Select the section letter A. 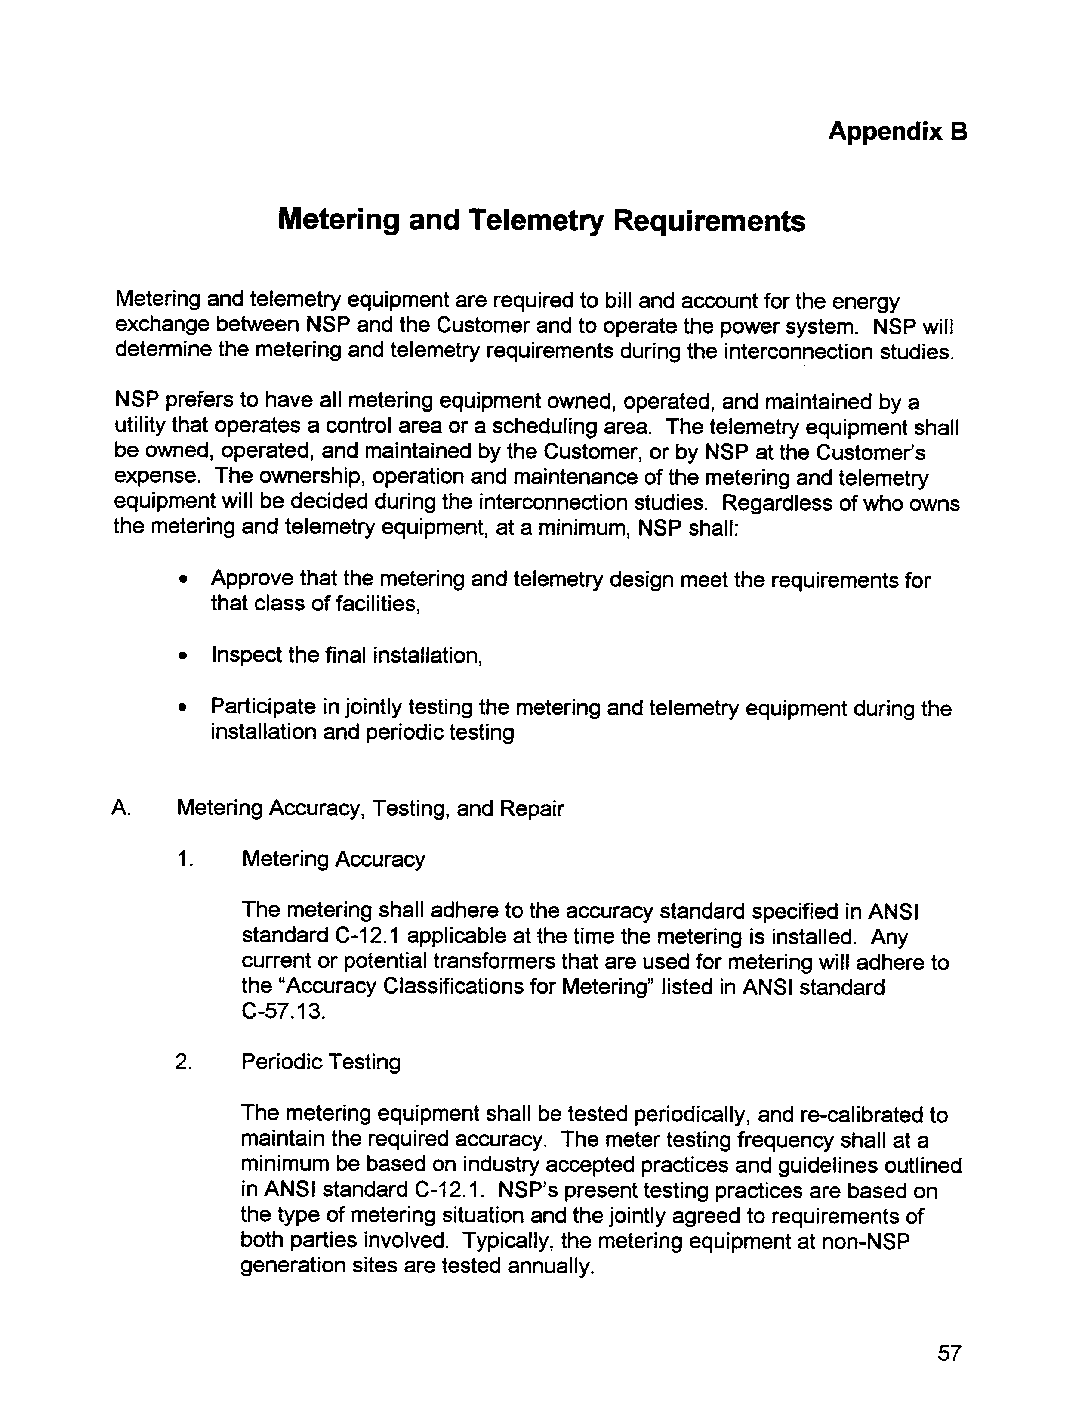[x=121, y=808]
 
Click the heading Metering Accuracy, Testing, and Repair [x=370, y=809]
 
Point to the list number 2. [x=184, y=1062]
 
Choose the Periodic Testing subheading [x=321, y=1062]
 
